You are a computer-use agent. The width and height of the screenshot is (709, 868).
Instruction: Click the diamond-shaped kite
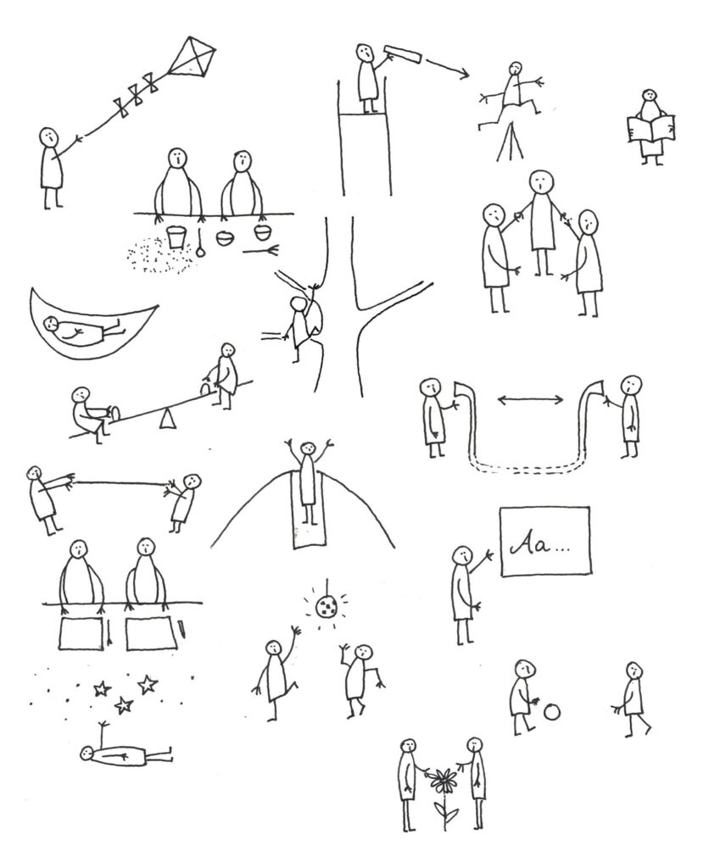[x=191, y=56]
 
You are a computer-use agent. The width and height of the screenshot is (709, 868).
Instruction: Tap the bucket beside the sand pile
[x=176, y=237]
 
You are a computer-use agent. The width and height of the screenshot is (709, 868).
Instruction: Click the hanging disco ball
[x=326, y=608]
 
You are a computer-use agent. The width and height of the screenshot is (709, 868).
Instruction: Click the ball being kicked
[x=552, y=712]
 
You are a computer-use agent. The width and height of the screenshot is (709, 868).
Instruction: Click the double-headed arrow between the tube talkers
[x=531, y=400]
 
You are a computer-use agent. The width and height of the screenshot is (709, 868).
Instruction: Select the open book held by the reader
[x=650, y=129]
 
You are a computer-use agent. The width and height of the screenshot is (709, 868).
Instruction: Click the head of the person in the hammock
[x=53, y=323]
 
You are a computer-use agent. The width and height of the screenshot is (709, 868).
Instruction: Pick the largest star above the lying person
[x=148, y=684]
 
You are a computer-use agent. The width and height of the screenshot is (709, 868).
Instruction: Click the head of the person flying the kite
[x=48, y=136]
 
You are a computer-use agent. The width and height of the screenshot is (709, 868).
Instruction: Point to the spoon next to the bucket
[x=200, y=243]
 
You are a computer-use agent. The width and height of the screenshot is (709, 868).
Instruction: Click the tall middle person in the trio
[x=541, y=220]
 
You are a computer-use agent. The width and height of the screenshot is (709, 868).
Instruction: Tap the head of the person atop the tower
[x=365, y=53]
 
